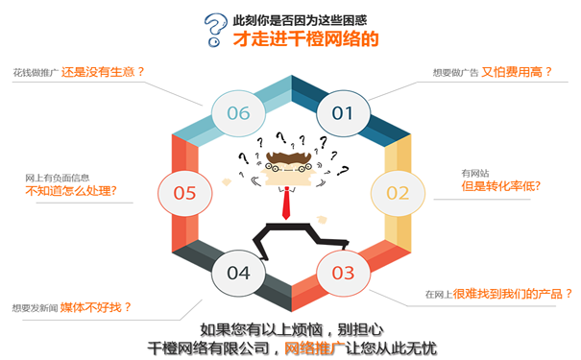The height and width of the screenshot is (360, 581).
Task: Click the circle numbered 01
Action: click(343, 112)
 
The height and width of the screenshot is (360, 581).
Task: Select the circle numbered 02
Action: click(398, 192)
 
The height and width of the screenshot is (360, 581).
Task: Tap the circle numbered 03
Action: click(343, 273)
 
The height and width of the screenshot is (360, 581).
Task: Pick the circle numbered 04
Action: click(238, 273)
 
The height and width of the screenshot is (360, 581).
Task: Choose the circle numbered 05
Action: click(184, 192)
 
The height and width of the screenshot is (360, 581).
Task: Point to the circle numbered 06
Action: click(238, 112)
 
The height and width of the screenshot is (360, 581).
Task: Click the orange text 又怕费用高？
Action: click(517, 70)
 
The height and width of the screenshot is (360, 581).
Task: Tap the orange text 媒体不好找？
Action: click(96, 307)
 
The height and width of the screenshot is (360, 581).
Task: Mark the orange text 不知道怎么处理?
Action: click(70, 190)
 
